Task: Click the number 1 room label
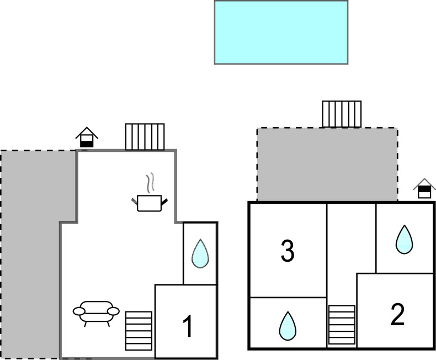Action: point(188,326)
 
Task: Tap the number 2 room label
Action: point(397,315)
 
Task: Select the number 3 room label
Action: point(287,251)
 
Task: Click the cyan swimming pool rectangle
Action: point(281,32)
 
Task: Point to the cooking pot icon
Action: point(149,203)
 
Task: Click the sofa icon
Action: point(96,312)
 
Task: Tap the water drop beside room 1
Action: point(200,254)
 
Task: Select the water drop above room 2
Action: point(405,240)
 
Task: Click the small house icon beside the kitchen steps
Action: point(87,137)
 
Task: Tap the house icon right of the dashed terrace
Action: point(424,188)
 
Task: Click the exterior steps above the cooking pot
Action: point(145,136)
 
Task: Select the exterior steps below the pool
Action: point(342,114)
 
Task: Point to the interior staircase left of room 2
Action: point(342,325)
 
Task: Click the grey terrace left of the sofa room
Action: point(30,248)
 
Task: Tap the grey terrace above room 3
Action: point(327,165)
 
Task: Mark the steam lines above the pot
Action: point(150,182)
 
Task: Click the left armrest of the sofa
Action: point(78,311)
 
